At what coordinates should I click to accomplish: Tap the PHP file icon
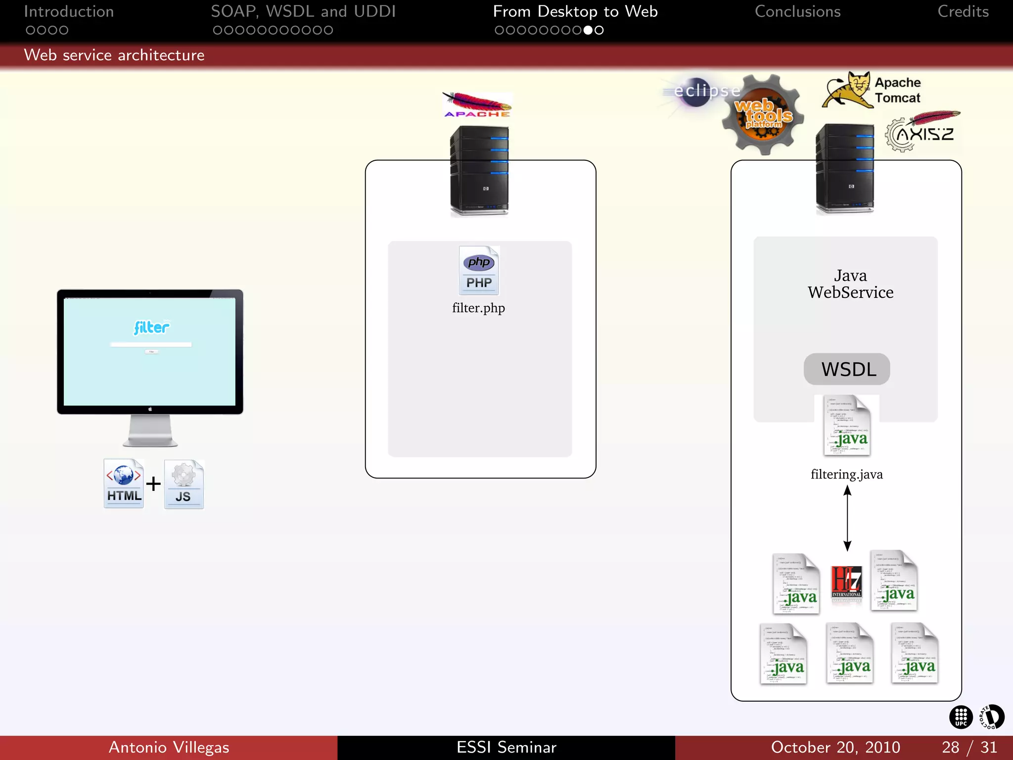pyautogui.click(x=479, y=270)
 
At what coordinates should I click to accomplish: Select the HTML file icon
pyautogui.click(x=124, y=483)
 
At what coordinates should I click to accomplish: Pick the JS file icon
pyautogui.click(x=184, y=484)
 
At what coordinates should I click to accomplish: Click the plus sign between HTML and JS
pyautogui.click(x=153, y=483)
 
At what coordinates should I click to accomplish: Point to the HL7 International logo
pyautogui.click(x=846, y=582)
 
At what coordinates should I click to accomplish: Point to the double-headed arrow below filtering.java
pyautogui.click(x=847, y=518)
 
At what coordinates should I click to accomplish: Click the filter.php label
pyautogui.click(x=478, y=308)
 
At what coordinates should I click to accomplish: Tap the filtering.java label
pyautogui.click(x=846, y=474)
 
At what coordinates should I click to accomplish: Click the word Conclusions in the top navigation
pyautogui.click(x=797, y=11)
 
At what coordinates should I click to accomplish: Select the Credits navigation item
pyautogui.click(x=963, y=11)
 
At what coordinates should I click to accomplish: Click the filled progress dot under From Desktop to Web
pyautogui.click(x=588, y=30)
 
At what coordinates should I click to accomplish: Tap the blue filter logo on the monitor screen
pyautogui.click(x=151, y=327)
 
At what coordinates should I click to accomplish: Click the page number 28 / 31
pyautogui.click(x=969, y=747)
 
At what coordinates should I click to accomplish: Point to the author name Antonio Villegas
pyautogui.click(x=169, y=747)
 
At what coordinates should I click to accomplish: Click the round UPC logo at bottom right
pyautogui.click(x=961, y=717)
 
